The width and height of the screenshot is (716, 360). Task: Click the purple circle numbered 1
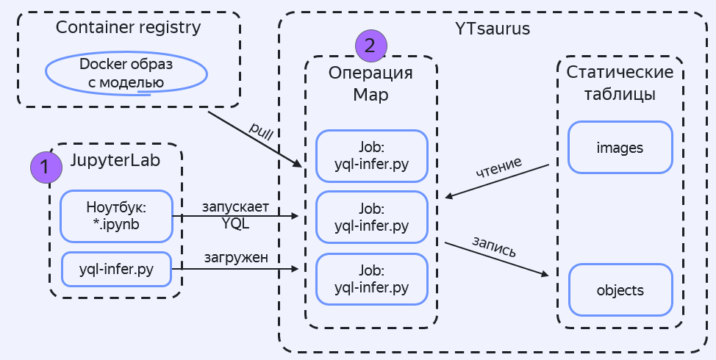(x=45, y=167)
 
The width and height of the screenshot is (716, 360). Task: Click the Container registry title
(x=129, y=28)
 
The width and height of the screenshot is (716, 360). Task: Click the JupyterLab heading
(x=115, y=159)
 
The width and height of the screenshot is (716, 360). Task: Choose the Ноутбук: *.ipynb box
(x=116, y=216)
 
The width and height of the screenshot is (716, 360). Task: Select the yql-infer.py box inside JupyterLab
(x=116, y=269)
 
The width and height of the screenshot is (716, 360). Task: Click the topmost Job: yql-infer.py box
(x=371, y=156)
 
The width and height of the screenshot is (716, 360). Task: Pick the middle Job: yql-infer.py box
(x=371, y=217)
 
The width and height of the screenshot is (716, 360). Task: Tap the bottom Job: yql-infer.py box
(x=371, y=278)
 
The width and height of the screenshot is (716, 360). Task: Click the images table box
(x=620, y=148)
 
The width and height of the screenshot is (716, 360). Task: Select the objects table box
(x=620, y=290)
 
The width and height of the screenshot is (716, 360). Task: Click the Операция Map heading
(x=370, y=84)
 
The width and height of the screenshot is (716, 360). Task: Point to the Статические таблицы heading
(x=620, y=84)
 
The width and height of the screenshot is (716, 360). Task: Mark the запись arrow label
(x=493, y=246)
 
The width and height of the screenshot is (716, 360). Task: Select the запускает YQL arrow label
(x=235, y=215)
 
